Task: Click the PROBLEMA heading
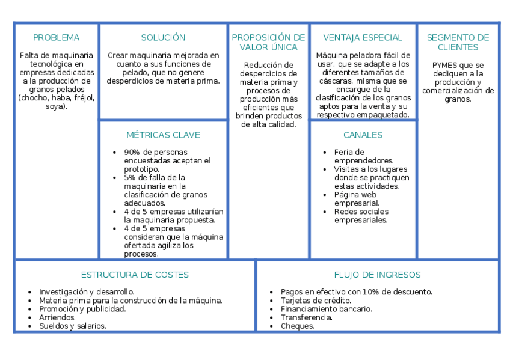coord(56,38)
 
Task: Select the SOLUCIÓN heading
coord(163,38)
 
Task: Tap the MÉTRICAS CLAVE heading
coord(163,135)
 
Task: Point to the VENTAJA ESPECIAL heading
coord(363,38)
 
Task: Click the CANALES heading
coord(363,135)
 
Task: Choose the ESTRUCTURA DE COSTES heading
coord(135,275)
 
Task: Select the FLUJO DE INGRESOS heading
coord(377,275)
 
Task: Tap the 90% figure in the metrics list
coord(131,153)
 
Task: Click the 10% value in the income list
coord(369,292)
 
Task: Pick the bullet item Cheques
coord(297,326)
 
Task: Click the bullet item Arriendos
coord(57,317)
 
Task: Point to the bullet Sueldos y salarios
coord(72,326)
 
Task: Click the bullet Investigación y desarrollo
coord(86,292)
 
